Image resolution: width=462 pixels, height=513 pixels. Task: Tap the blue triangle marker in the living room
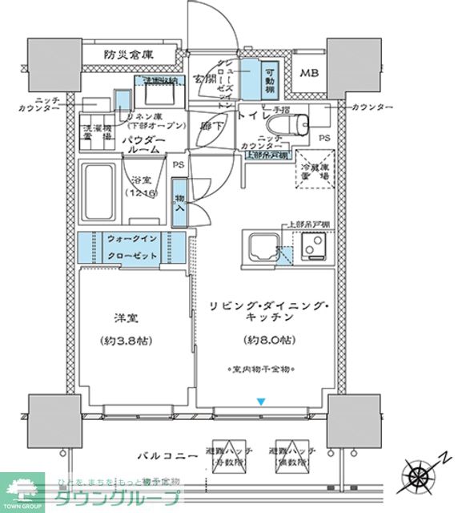point(259,401)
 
